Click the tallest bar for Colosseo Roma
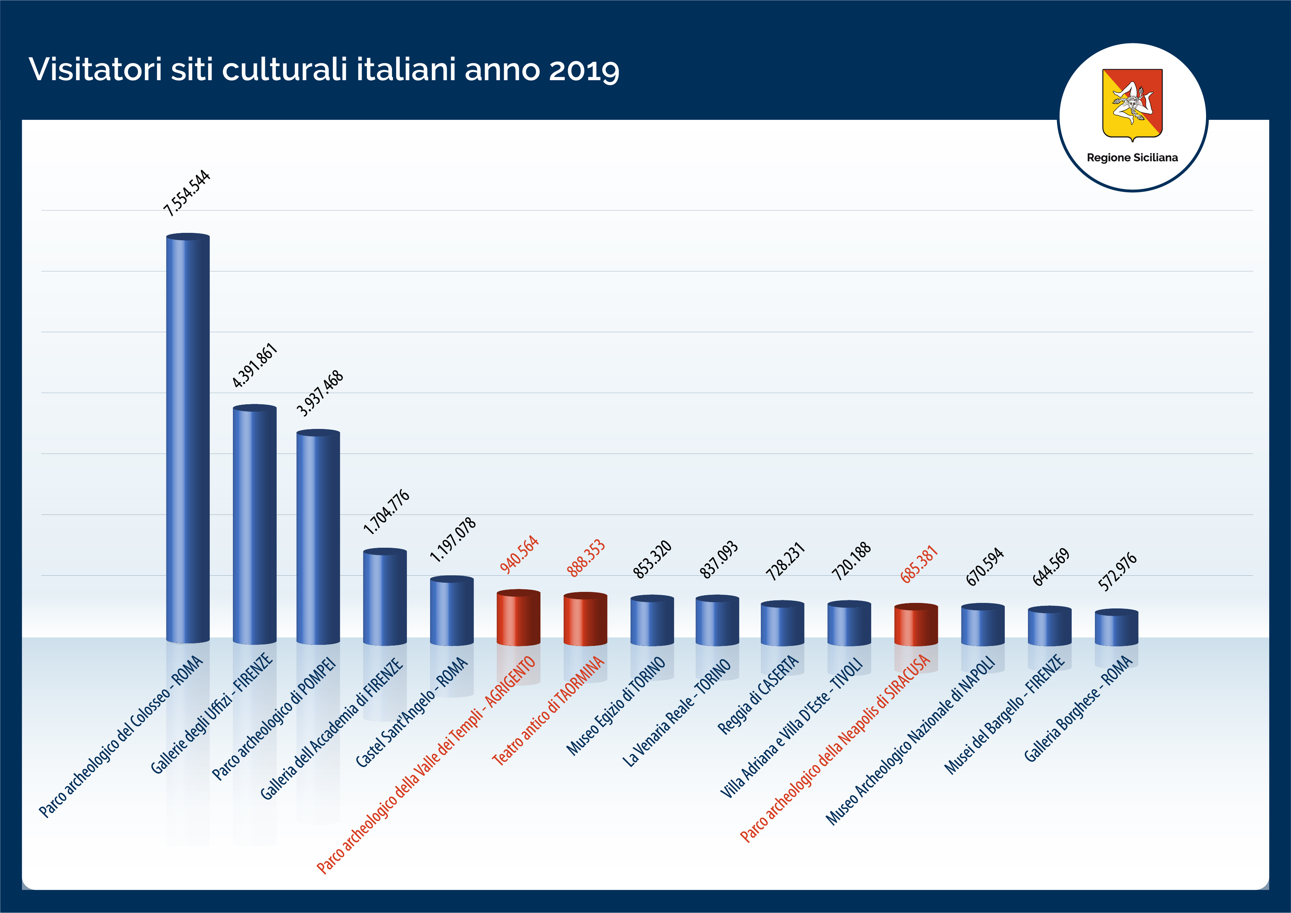pyautogui.click(x=188, y=438)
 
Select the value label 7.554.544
pyautogui.click(x=187, y=193)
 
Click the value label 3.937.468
pyautogui.click(x=319, y=394)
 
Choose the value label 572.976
pyautogui.click(x=1117, y=572)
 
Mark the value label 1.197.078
pyautogui.click(x=453, y=540)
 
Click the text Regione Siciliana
pyautogui.click(x=1132, y=158)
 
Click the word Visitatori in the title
pyautogui.click(x=95, y=70)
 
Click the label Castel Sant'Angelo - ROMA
pyautogui.click(x=412, y=712)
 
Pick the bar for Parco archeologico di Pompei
pyautogui.click(x=318, y=537)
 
